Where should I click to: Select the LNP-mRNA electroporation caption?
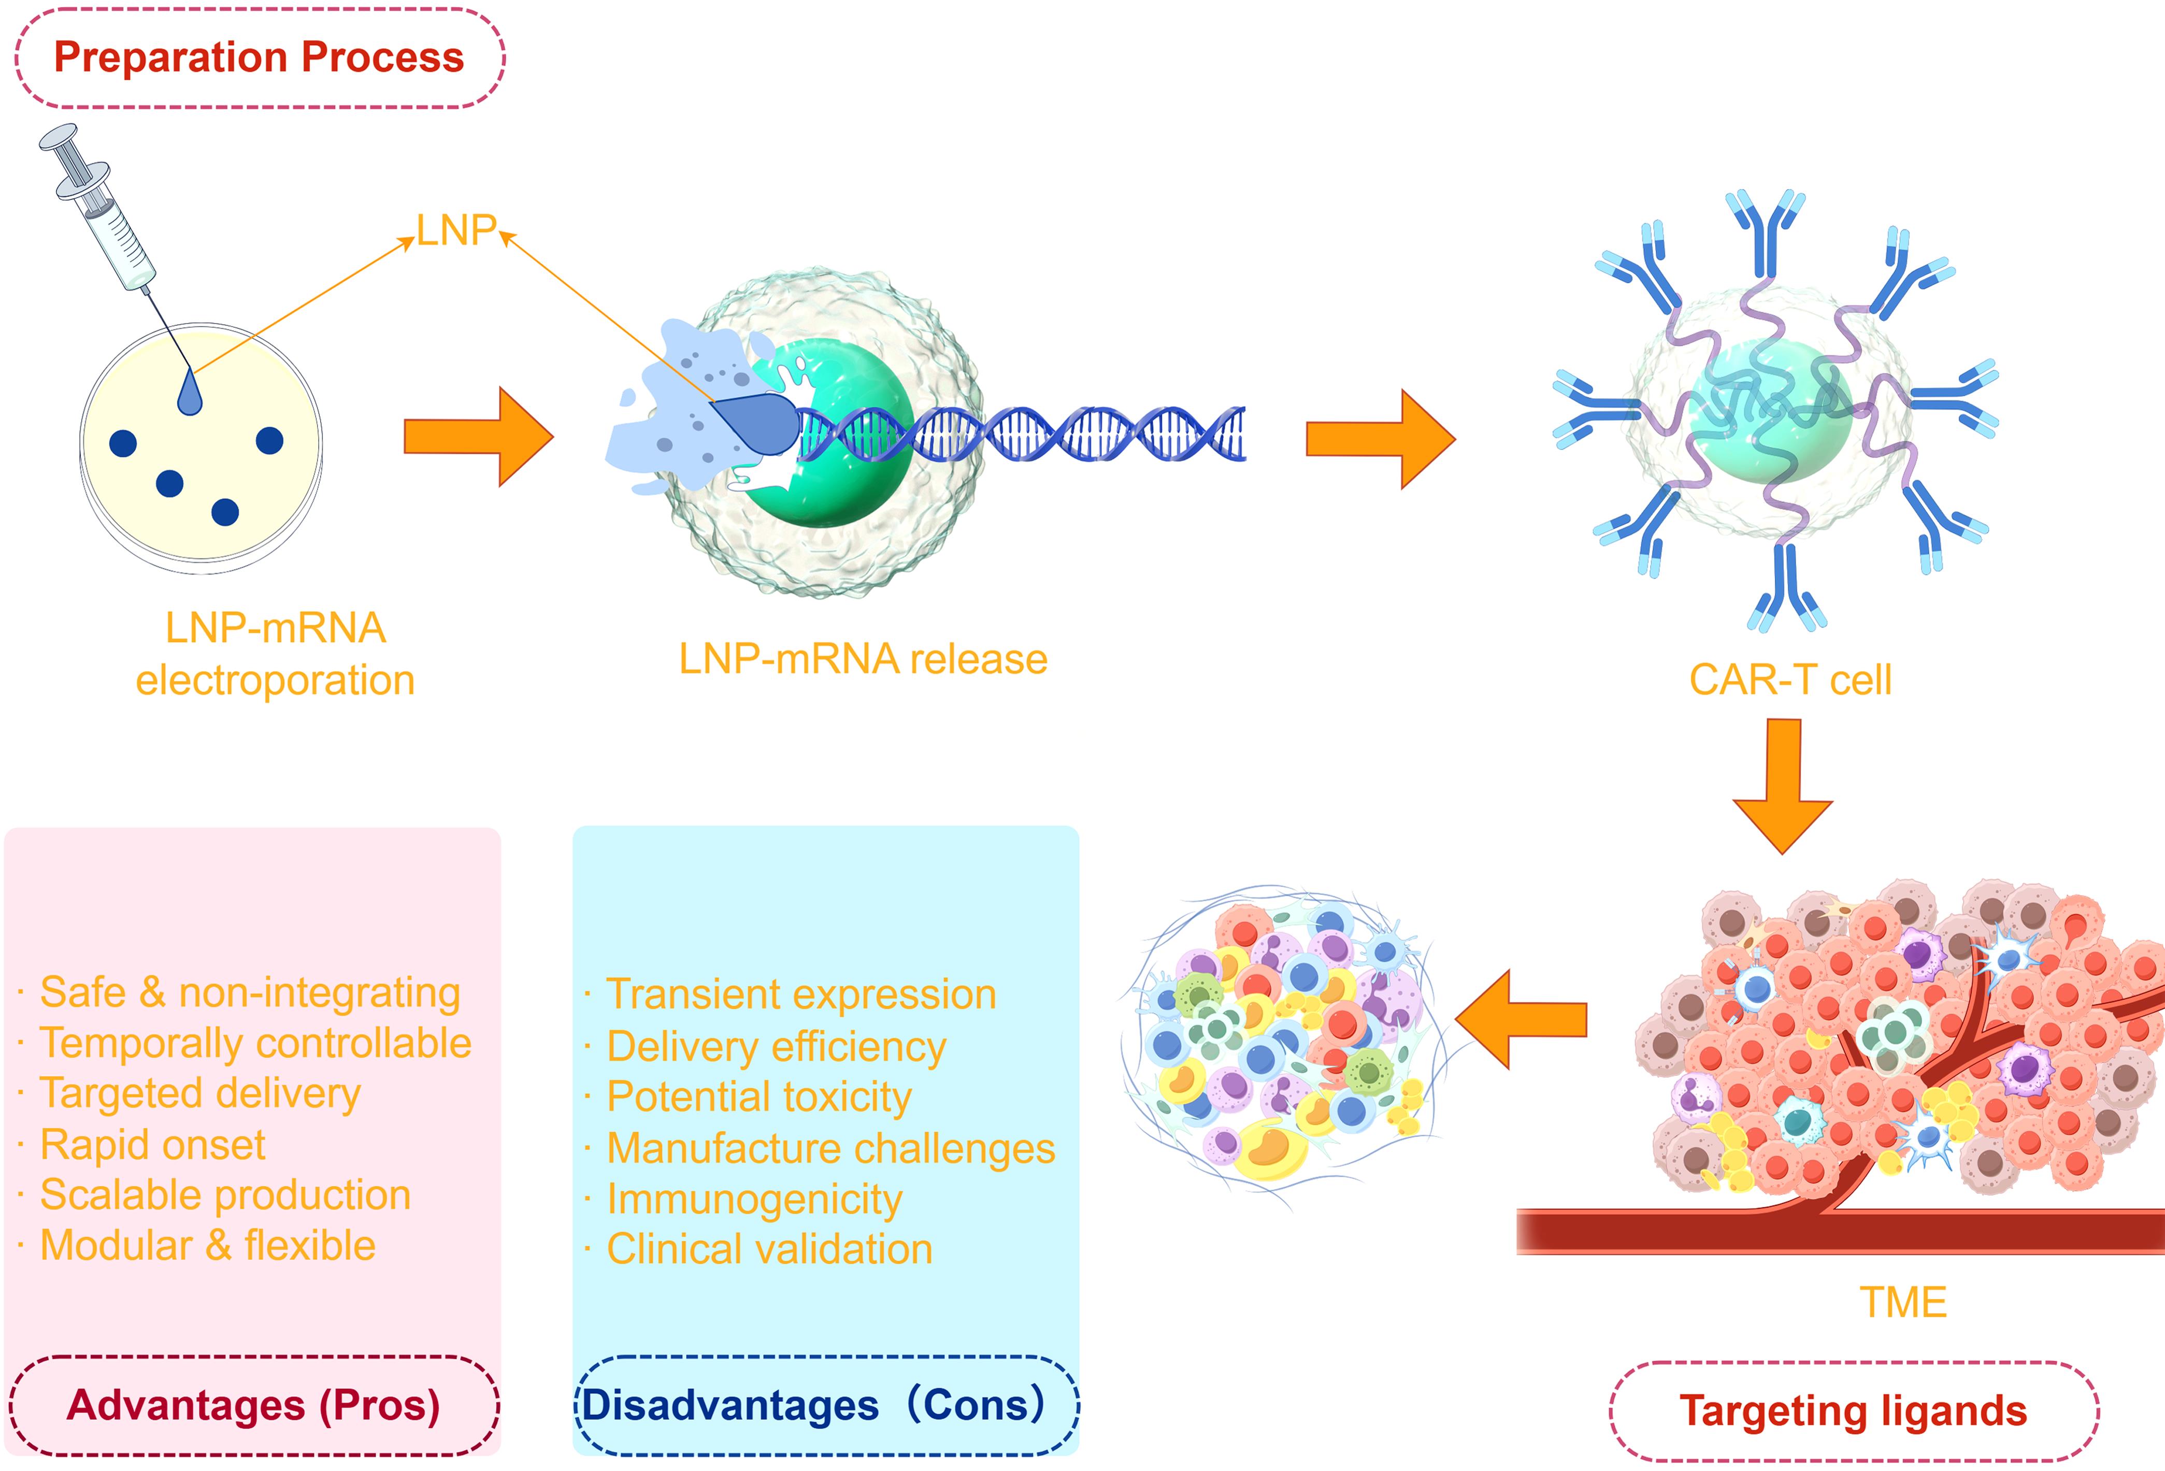[275, 654]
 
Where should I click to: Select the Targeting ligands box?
[1853, 1410]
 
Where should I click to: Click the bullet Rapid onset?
[152, 1145]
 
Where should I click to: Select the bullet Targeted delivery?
[199, 1094]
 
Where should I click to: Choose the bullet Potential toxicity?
[758, 1098]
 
